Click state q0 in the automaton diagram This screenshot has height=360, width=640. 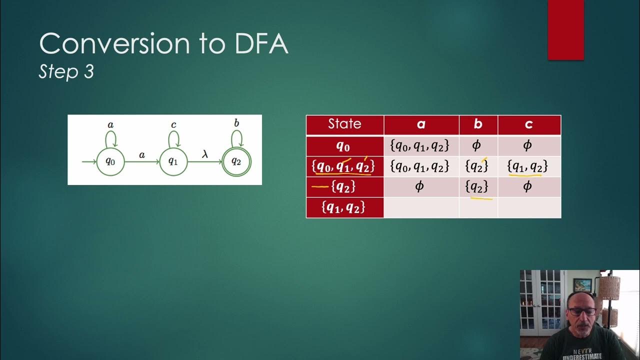point(110,161)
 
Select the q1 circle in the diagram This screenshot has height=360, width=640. point(173,161)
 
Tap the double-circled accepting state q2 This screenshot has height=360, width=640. point(236,161)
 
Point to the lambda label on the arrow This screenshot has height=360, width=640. point(204,154)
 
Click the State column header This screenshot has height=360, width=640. point(344,124)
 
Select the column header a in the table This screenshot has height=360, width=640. point(421,124)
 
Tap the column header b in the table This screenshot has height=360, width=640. point(478,124)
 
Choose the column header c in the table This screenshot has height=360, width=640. point(529,124)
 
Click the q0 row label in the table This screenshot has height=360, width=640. point(344,146)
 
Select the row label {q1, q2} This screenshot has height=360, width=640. point(344,207)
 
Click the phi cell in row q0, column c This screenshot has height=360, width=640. point(528,146)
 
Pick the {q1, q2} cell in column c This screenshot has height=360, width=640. point(528,166)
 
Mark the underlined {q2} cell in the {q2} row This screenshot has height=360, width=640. point(476,187)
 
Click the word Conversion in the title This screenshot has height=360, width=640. point(114,44)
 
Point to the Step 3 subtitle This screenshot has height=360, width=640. point(66,72)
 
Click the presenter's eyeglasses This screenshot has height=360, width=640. point(582,311)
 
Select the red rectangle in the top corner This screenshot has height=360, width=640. point(566,29)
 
